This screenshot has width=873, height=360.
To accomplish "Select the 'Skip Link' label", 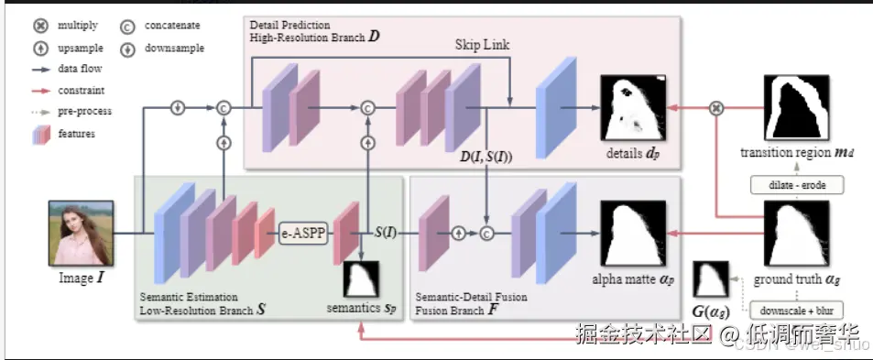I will [x=482, y=44].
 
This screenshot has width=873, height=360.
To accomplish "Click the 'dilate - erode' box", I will [x=790, y=186].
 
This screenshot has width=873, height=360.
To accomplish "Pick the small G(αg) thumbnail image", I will [x=711, y=280].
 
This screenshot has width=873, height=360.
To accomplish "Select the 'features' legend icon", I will [x=38, y=134].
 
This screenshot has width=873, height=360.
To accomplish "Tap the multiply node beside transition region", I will [x=718, y=108].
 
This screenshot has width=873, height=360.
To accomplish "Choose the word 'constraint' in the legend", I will [x=82, y=90].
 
